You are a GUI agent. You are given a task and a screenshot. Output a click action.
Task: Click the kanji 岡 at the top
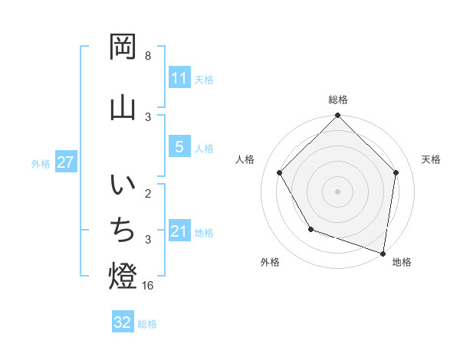[123, 47]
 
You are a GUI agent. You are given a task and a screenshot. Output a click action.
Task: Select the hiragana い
[123, 187]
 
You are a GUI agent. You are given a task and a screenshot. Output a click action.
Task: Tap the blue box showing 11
[179, 77]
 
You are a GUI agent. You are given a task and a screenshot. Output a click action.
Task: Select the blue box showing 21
[179, 231]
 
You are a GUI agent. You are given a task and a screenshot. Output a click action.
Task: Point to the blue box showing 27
[65, 162]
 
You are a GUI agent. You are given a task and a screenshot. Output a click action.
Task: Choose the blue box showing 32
[123, 322]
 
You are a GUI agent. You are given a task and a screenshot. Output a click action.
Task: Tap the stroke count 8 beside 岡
[148, 56]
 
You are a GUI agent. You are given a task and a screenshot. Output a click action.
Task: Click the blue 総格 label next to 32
[147, 324]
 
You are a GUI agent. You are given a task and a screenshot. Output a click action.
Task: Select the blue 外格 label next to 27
[41, 163]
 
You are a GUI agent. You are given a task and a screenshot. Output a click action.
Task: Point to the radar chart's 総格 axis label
[337, 100]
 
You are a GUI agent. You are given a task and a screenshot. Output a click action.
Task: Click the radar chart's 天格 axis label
[431, 159]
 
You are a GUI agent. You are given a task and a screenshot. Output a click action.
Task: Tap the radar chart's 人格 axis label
[245, 159]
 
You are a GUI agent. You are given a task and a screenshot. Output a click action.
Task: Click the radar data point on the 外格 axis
[310, 229]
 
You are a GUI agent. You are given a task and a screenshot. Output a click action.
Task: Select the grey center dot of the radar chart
[337, 191]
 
